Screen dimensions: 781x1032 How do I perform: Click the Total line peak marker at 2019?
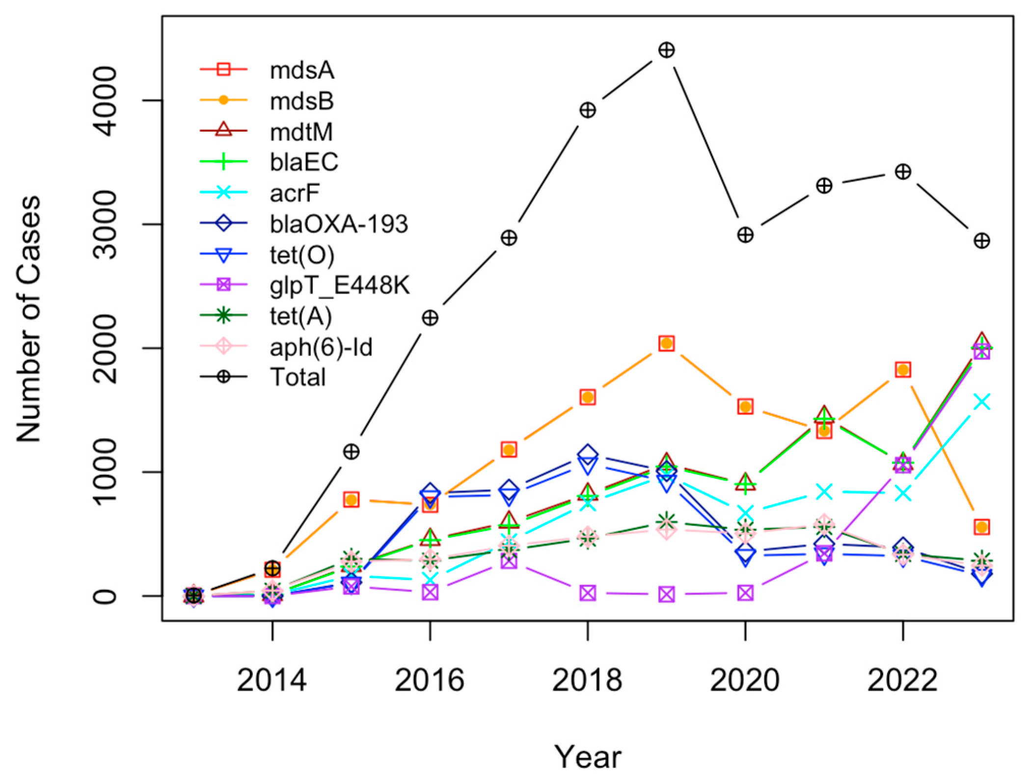(666, 50)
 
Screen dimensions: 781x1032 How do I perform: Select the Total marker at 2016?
(430, 318)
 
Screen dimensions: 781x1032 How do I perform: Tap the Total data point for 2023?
(981, 241)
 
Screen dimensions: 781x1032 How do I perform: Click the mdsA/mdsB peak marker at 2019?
(666, 343)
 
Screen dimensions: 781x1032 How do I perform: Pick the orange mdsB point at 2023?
(981, 527)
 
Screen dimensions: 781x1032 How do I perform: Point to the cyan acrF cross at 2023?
(981, 401)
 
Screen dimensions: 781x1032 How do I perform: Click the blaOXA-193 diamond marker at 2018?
(588, 454)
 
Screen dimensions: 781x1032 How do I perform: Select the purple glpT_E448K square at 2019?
(666, 594)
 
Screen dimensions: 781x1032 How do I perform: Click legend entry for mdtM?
(301, 132)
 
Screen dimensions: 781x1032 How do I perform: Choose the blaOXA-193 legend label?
(338, 224)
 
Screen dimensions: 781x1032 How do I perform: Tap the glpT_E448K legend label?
(339, 285)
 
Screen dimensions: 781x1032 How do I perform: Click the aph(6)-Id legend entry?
(321, 347)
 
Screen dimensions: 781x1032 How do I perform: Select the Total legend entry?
(298, 377)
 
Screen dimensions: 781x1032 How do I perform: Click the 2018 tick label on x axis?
(587, 680)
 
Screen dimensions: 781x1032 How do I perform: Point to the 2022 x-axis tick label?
(902, 680)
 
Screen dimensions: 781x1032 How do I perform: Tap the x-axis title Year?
(588, 756)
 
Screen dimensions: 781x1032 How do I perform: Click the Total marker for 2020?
(745, 235)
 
